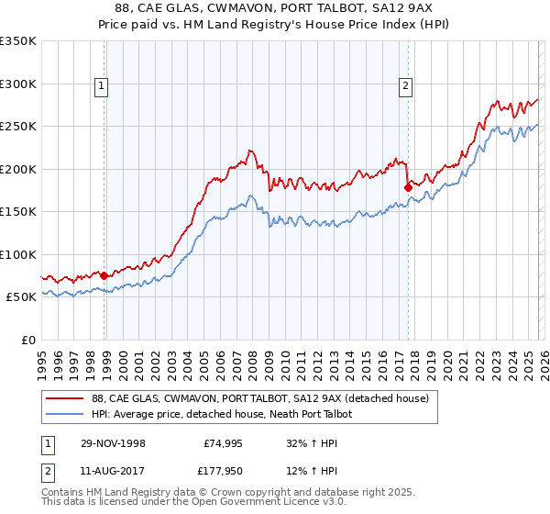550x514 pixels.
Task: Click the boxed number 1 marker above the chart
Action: pos(100,87)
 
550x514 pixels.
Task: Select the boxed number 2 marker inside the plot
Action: pos(404,87)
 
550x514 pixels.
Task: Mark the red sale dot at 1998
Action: pos(104,274)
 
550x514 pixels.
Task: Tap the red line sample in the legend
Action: pos(65,398)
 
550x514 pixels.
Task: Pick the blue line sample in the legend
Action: pos(65,414)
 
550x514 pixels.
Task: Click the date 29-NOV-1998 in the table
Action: pos(113,442)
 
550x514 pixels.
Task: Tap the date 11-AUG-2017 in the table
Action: pos(113,472)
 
